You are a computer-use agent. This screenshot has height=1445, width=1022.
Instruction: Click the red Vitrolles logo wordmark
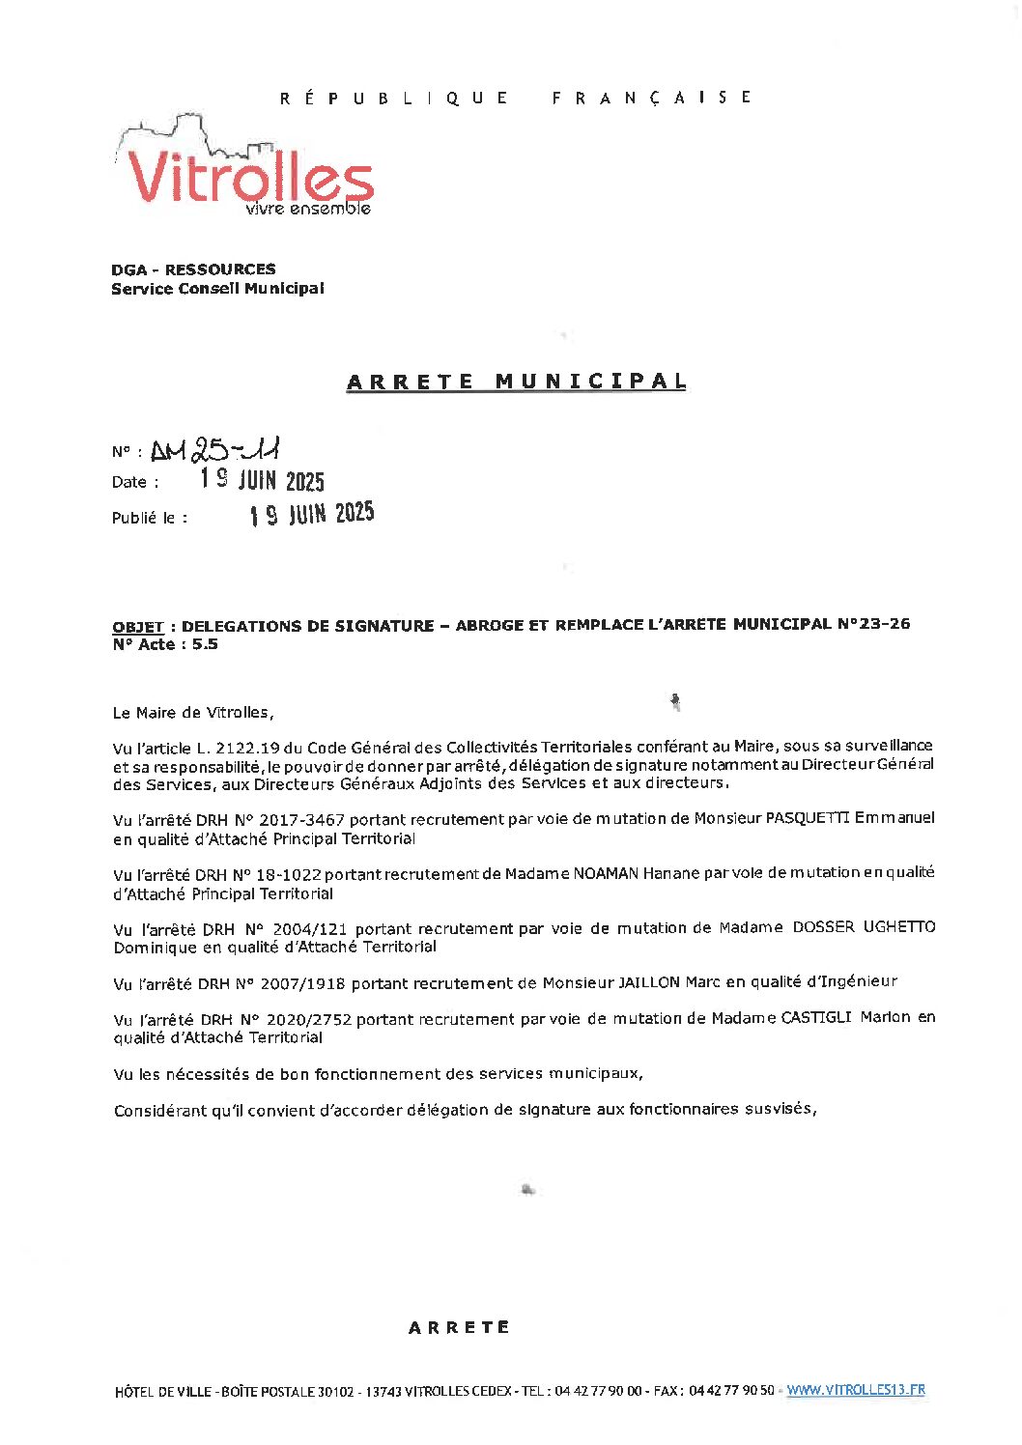[249, 177]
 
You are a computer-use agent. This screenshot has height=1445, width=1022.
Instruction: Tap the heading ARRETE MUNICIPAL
[516, 382]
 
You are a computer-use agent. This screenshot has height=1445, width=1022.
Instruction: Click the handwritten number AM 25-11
[215, 450]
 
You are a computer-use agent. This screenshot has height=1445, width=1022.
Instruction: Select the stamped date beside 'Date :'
[262, 480]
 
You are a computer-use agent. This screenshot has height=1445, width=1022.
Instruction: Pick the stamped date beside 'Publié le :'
[312, 514]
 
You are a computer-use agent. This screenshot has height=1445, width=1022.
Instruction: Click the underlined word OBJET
[137, 627]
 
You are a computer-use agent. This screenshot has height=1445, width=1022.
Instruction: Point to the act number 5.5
[205, 644]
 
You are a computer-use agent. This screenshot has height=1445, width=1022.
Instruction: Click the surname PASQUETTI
[808, 818]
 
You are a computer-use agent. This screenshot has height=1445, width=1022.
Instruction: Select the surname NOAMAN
[605, 873]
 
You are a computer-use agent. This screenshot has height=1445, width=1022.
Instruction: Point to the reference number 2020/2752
[309, 1019]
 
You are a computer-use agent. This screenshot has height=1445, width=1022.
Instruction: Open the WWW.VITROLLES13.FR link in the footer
[855, 1390]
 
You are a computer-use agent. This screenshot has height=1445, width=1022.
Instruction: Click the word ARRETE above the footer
[459, 1327]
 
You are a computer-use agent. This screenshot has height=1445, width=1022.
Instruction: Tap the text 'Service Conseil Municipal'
[217, 289]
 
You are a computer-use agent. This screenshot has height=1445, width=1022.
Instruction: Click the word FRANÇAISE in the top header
[651, 98]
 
